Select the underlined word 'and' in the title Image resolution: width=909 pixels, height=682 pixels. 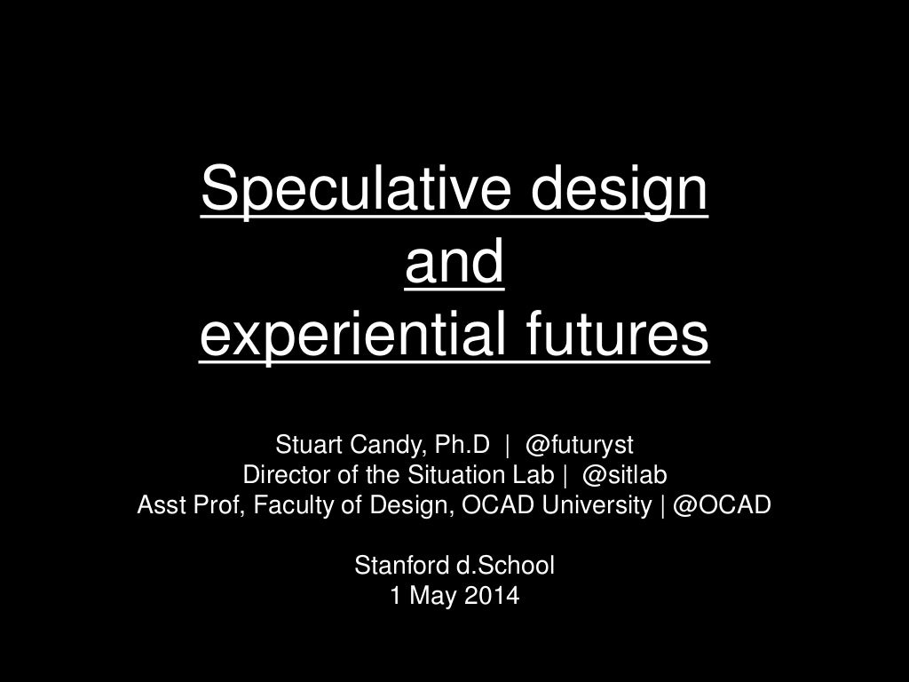point(454,263)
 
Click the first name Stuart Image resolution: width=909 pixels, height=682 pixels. point(305,443)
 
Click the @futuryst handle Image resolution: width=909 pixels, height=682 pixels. point(579,443)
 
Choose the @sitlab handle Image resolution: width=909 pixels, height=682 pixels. point(624,474)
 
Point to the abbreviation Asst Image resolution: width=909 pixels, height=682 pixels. point(158,505)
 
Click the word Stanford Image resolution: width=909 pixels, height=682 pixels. point(394,565)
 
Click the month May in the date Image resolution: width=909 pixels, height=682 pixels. point(431,596)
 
